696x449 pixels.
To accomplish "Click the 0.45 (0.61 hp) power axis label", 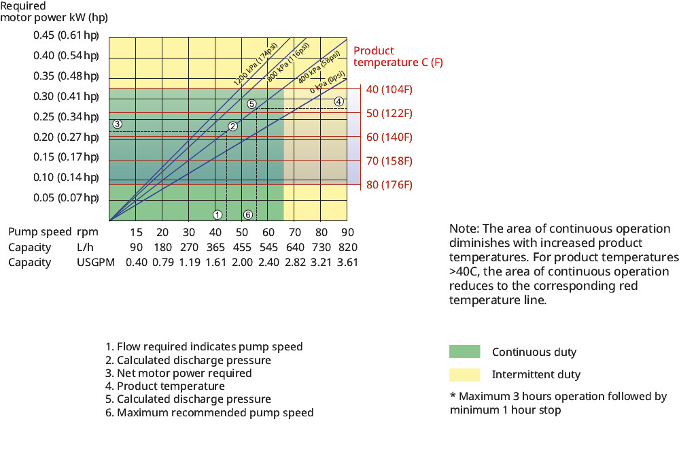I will coord(67,35).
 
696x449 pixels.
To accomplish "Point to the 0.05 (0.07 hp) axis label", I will coord(67,198).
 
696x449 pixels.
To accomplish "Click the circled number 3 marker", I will coord(117,124).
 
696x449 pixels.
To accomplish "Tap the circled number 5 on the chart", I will coord(251,104).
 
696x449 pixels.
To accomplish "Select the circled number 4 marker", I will coord(338,101).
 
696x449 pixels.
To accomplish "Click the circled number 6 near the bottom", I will coord(248,215).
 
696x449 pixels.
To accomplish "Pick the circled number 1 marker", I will coord(217,215).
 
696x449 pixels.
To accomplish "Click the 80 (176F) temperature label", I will coord(389,184).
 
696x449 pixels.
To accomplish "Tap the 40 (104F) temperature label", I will coord(389,89).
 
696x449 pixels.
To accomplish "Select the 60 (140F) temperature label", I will coord(389,137).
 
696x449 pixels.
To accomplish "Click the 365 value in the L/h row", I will coord(215,247).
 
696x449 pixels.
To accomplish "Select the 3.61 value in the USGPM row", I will coord(347,262).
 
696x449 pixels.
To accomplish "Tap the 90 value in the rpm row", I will coord(347,232).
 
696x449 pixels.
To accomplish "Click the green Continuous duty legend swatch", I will coord(464,352).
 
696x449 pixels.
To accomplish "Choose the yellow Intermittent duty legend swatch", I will coord(464,374).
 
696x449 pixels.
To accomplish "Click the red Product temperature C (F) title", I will coord(398,56).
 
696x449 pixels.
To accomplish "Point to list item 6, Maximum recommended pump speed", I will coord(209,412).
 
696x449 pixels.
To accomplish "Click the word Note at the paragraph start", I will coord(463,229).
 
